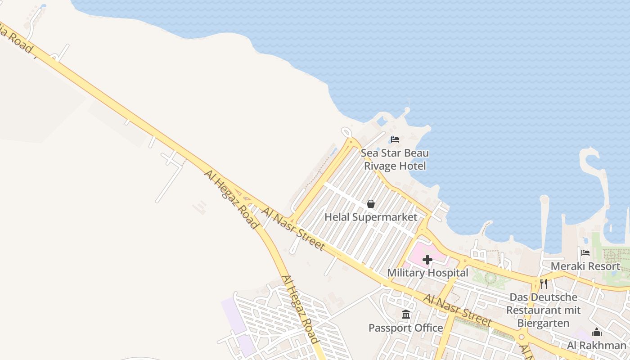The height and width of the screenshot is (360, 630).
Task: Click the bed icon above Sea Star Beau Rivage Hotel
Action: (395, 139)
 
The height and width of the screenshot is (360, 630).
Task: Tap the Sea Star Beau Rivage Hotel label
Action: (395, 159)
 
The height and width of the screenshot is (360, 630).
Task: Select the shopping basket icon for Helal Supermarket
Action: (371, 204)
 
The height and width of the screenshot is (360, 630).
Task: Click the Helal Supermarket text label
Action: (371, 217)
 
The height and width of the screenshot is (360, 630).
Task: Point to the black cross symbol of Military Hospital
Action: (427, 260)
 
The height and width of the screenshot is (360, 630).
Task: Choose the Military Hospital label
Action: (427, 273)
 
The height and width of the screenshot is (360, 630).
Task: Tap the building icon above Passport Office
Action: (406, 315)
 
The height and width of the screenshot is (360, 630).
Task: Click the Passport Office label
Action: (405, 328)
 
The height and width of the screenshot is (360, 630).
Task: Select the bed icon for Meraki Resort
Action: (585, 253)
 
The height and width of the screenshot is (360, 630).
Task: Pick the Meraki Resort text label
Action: (585, 266)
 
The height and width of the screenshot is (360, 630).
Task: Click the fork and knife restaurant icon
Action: (544, 284)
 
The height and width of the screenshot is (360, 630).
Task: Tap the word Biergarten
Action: (543, 323)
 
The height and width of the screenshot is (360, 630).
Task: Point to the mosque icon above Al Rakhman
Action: (597, 333)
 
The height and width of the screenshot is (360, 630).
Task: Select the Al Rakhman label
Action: (597, 346)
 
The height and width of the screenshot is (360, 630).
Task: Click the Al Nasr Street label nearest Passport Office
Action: (457, 310)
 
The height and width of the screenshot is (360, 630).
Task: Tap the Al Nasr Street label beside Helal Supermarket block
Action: (293, 229)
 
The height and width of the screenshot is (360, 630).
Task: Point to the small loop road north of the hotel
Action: (346, 132)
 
